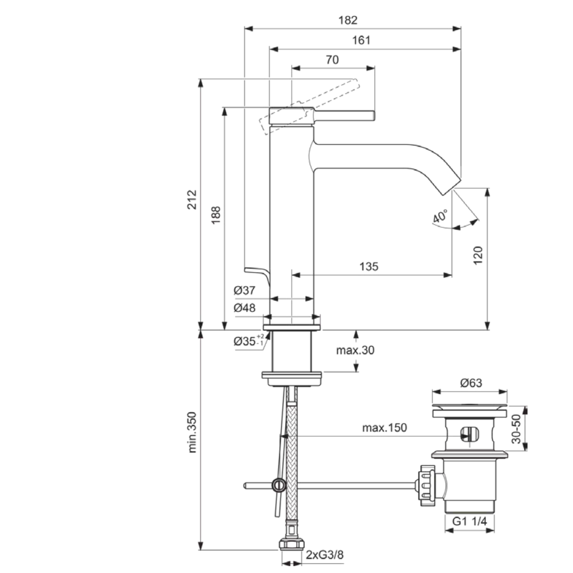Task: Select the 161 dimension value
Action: click(361, 40)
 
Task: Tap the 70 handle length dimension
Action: click(332, 60)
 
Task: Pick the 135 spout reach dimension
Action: click(369, 266)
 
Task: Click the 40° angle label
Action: click(440, 216)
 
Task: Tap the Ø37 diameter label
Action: click(245, 290)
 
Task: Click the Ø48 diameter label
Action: click(245, 308)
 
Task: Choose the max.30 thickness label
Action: click(355, 351)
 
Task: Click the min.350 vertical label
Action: click(192, 432)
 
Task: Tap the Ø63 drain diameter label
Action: click(470, 383)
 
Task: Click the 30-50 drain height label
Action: click(516, 430)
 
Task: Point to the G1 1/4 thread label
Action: click(469, 521)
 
